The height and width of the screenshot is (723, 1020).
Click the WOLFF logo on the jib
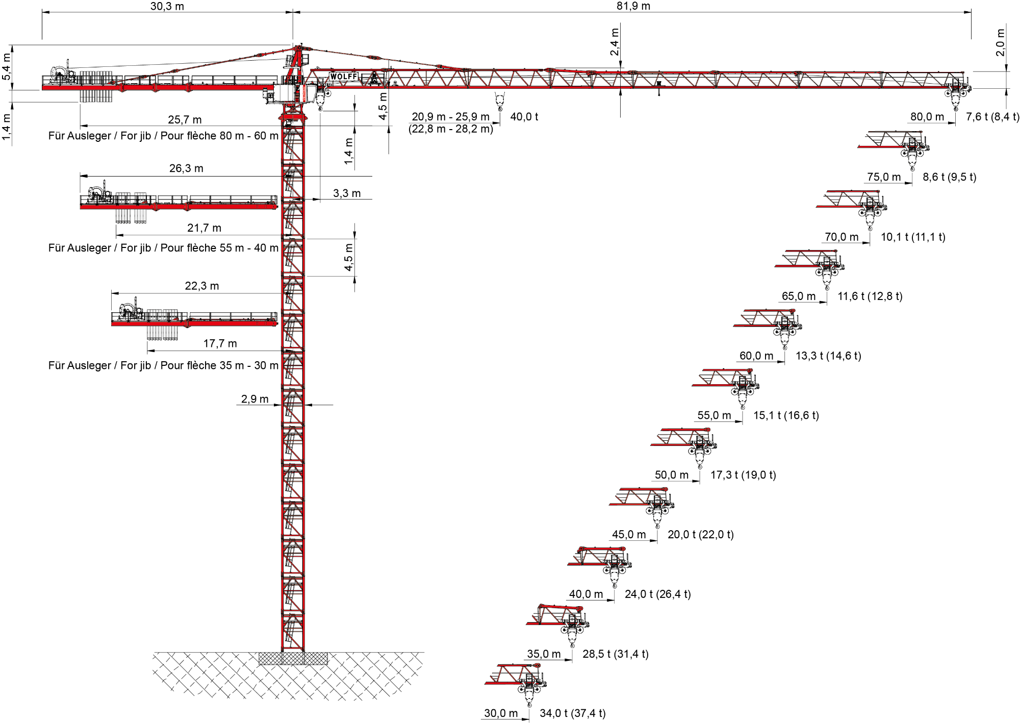click(344, 77)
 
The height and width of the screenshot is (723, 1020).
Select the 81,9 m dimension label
click(633, 6)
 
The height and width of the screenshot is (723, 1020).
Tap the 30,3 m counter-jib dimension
click(167, 6)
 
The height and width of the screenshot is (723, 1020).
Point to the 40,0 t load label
click(524, 117)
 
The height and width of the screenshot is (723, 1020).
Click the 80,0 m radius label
click(927, 117)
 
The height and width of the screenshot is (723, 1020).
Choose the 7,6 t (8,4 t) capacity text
click(992, 117)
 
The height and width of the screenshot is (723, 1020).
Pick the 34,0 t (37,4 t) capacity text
click(572, 713)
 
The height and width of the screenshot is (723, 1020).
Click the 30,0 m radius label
click(500, 713)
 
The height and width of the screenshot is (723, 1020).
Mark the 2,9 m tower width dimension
click(254, 399)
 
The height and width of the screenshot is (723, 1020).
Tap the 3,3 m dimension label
click(347, 193)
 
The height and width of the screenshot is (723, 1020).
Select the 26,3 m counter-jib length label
click(186, 168)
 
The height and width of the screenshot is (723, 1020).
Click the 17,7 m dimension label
click(220, 343)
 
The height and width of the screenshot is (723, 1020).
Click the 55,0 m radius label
click(714, 415)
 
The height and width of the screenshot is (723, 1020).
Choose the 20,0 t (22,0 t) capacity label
click(700, 535)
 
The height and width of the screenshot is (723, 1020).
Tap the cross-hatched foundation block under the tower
click(293, 658)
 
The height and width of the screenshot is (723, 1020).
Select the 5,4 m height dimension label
click(6, 67)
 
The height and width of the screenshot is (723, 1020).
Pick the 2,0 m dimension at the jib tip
click(1000, 42)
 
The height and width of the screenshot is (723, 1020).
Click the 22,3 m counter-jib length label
click(201, 286)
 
